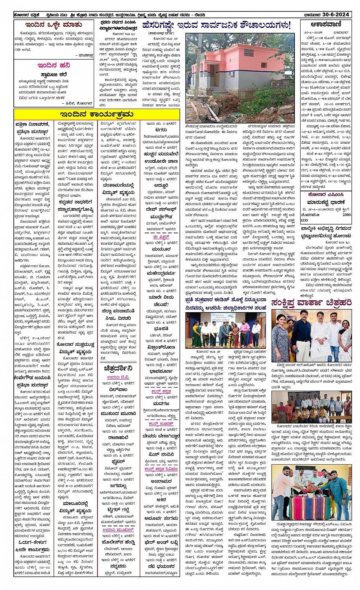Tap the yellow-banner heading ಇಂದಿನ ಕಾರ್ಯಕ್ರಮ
[96, 114]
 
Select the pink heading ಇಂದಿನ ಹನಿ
[54, 65]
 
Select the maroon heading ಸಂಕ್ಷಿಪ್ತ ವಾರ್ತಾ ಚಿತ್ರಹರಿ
[312, 303]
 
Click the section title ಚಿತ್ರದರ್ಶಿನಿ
[118, 369]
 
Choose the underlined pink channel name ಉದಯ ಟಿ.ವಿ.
[118, 377]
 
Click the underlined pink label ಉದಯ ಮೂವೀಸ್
[118, 530]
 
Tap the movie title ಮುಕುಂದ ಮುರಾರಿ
[118, 414]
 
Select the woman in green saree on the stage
[196, 335]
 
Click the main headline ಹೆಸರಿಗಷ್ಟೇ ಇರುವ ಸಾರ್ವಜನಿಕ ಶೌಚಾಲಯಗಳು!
[216, 26]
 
